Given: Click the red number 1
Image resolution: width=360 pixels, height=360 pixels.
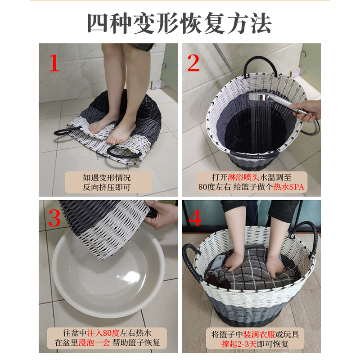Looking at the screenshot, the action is click(x=54, y=63).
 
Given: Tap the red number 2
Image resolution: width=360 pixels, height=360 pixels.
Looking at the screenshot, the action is click(x=193, y=63).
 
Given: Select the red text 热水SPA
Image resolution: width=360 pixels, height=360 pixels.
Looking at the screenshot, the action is click(x=288, y=187).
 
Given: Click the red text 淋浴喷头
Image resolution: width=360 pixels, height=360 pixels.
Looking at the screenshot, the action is click(x=243, y=177).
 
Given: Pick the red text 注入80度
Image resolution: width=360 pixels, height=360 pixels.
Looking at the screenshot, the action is click(x=103, y=333).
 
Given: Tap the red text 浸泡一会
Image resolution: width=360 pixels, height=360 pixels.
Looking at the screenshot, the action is click(x=94, y=342).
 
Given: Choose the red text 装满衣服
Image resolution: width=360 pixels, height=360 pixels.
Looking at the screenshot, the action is click(x=259, y=334).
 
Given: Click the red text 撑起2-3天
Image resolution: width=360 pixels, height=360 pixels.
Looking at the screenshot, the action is click(x=239, y=344).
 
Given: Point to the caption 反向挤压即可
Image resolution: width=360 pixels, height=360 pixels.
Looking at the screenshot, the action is click(x=107, y=187).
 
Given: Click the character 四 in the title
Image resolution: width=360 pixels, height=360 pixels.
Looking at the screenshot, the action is click(x=97, y=23).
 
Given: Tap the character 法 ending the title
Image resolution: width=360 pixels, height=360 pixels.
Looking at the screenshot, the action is click(x=261, y=23).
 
